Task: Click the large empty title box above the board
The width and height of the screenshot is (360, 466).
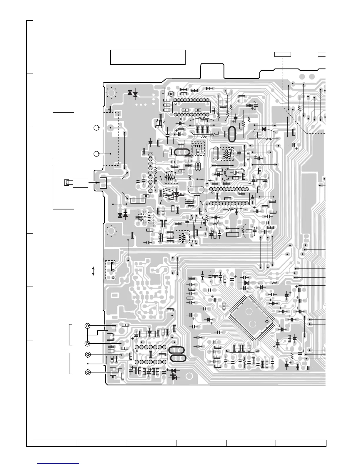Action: (147, 57)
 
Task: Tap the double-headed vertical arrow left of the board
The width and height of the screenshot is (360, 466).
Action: (93, 271)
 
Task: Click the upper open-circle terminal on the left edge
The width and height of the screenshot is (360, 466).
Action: (96, 128)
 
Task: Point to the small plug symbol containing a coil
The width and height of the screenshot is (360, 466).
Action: (67, 183)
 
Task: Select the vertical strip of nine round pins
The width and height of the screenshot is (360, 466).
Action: (150, 173)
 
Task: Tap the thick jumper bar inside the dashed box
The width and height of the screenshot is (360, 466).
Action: (112, 267)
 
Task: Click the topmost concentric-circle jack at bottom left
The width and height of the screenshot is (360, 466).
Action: (87, 326)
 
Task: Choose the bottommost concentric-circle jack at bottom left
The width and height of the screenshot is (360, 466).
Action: (87, 372)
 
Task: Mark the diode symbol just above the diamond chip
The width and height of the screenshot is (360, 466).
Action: (246, 283)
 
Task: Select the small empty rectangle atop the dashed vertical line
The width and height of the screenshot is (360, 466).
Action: (283, 54)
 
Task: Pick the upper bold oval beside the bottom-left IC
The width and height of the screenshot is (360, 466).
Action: (176, 350)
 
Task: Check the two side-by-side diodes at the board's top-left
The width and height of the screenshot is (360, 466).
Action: (133, 93)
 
